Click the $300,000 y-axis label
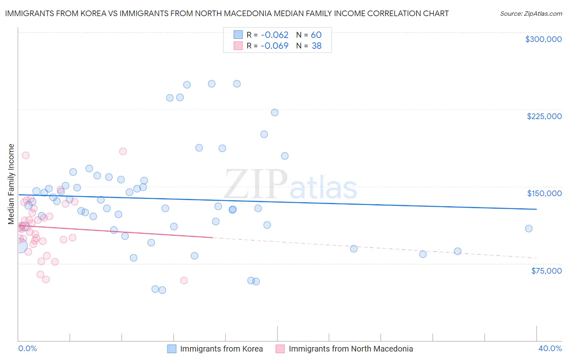[x=543, y=39]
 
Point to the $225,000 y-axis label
[x=544, y=116]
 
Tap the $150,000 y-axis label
[x=544, y=193]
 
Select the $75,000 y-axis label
[x=546, y=271]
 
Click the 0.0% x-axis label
[x=27, y=349]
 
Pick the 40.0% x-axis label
[x=550, y=349]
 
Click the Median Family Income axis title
[x=11, y=184]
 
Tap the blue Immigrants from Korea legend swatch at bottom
[x=172, y=349]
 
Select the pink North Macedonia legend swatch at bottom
[x=280, y=349]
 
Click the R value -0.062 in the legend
[x=274, y=35]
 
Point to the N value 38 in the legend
[x=317, y=46]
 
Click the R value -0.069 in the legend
[x=274, y=46]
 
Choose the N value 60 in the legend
[x=316, y=35]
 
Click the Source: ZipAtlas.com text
[x=531, y=14]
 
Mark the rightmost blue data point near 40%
[x=529, y=228]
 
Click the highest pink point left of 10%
[x=25, y=155]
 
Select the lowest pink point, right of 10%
[x=184, y=280]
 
